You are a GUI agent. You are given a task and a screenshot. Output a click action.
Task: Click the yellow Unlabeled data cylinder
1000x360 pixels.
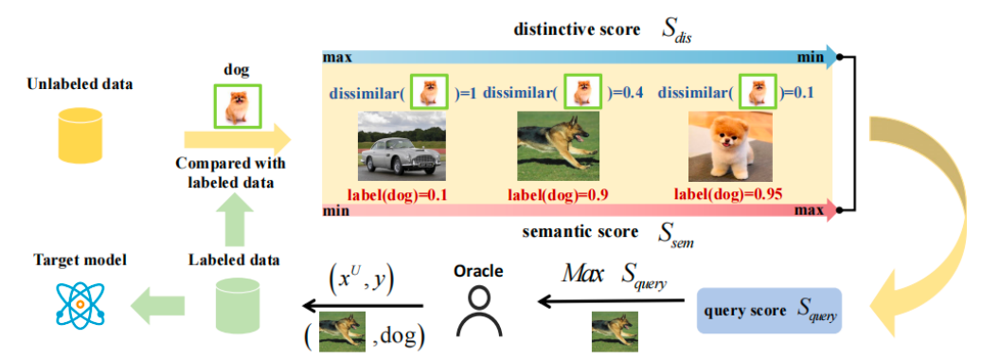point(80,135)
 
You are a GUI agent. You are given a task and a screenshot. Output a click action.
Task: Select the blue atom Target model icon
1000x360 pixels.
point(80,304)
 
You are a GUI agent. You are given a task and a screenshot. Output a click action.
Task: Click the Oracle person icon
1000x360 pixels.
point(478,311)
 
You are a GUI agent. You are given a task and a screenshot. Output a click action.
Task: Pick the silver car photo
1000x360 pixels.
point(402,146)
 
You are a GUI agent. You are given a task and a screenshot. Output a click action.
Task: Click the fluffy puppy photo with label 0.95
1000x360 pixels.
point(729,147)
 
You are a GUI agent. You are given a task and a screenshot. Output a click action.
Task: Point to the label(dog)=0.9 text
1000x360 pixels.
point(558,193)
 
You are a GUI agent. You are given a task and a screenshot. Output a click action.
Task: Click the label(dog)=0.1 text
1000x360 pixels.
point(397,193)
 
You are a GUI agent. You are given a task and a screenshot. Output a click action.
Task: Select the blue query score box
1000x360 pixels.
point(770,311)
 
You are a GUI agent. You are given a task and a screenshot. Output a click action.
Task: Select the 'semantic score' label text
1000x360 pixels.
point(580,231)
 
